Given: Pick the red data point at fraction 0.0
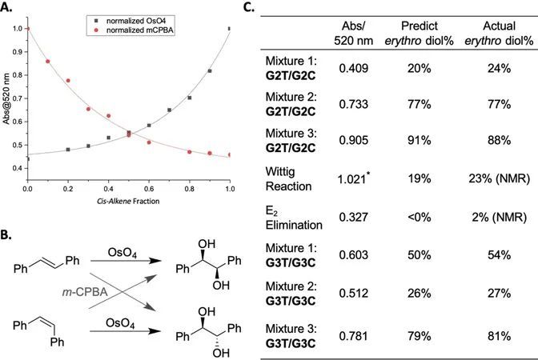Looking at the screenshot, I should coord(28,29).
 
